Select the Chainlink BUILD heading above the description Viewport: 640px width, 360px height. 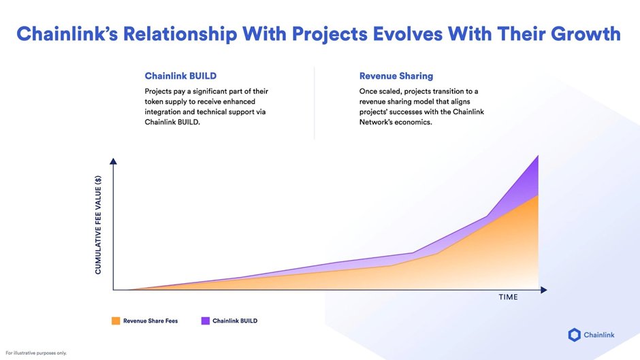coord(181,76)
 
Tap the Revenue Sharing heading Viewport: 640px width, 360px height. coord(396,76)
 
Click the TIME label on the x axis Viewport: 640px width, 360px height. coord(508,297)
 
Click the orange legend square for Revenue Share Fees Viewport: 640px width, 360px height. coord(116,321)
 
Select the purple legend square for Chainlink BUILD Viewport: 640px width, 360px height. coord(205,321)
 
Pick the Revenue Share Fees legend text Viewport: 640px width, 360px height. coord(150,321)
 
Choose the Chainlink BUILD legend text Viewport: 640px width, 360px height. coord(235,321)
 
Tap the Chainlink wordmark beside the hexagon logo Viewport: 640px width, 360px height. coord(602,334)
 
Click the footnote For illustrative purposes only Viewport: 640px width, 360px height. coord(36,353)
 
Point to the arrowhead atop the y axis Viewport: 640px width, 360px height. coord(113,161)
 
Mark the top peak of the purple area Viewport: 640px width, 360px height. coord(538,157)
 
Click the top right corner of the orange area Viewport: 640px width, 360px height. coord(537,196)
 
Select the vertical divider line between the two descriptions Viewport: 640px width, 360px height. coord(314,102)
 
